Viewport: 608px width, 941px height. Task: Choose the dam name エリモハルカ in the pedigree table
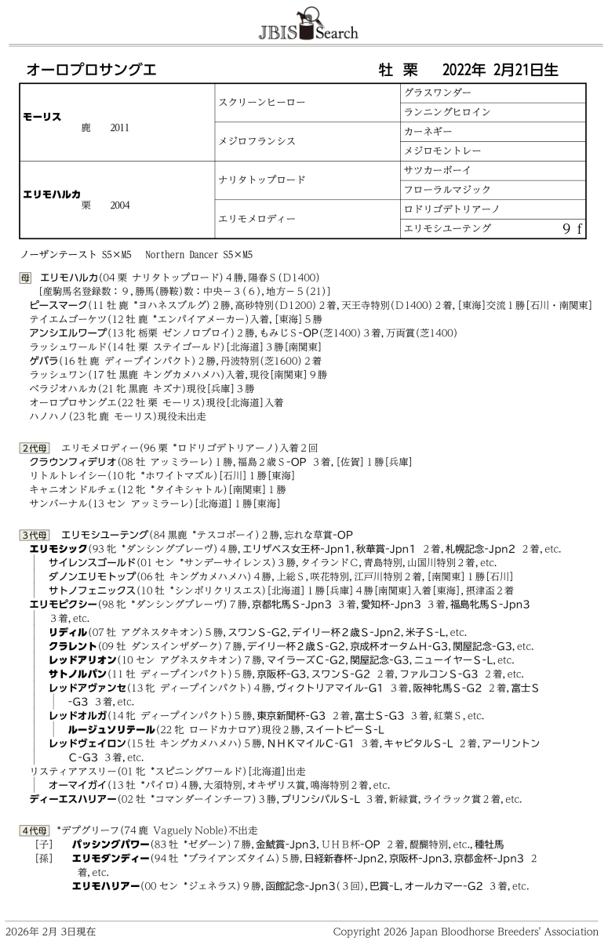tap(53, 193)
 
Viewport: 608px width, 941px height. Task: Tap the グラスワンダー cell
tap(437, 93)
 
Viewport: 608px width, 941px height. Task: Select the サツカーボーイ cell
tap(437, 170)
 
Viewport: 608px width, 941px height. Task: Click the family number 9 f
tap(573, 228)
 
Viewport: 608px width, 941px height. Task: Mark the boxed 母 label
tap(26, 278)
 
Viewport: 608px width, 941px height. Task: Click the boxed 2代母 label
tap(35, 447)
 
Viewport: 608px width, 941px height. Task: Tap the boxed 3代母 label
tap(35, 535)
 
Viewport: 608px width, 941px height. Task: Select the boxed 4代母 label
tap(35, 830)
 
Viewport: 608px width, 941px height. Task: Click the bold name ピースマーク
tap(59, 304)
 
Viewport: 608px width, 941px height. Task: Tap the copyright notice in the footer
tap(465, 932)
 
